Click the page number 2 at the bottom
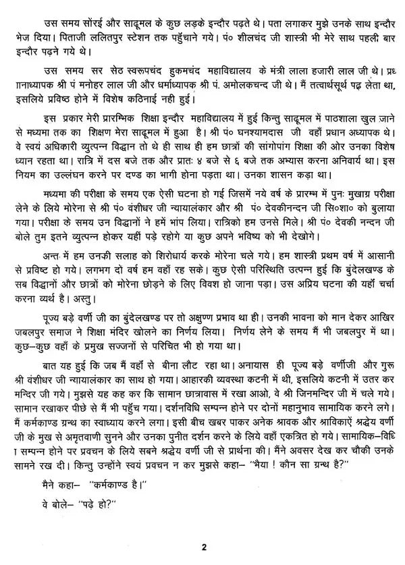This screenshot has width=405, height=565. click(x=202, y=545)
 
